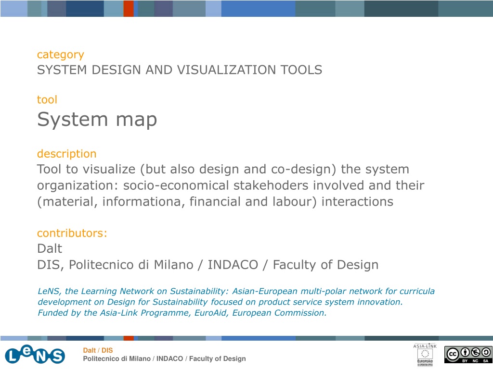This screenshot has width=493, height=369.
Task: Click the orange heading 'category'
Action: click(x=60, y=55)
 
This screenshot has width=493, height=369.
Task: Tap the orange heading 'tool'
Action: click(x=47, y=100)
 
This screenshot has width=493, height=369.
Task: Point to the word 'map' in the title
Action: click(x=136, y=121)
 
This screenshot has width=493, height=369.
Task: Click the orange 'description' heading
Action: click(x=66, y=154)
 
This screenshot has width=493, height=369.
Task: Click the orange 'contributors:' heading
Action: click(x=72, y=233)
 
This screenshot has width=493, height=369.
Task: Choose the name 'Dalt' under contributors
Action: click(x=50, y=248)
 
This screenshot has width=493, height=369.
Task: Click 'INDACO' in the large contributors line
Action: click(x=233, y=265)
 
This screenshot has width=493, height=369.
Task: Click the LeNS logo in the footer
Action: click(x=35, y=355)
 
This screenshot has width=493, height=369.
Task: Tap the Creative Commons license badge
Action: click(x=468, y=355)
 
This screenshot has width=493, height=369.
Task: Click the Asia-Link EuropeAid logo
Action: click(x=425, y=355)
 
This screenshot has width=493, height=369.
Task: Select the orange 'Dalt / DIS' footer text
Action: click(x=98, y=350)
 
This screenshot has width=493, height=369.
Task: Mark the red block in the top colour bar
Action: click(x=129, y=9)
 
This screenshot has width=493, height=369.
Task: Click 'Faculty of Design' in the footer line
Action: click(x=217, y=358)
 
